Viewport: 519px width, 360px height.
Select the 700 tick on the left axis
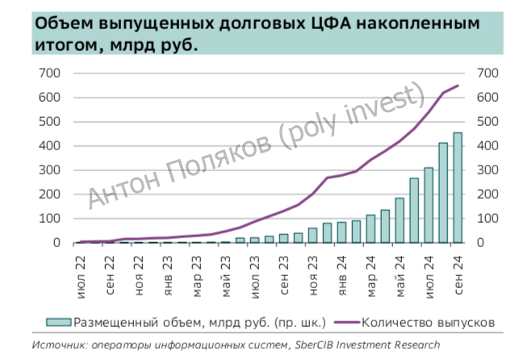click(50, 73)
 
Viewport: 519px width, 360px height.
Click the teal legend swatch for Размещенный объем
click(58, 321)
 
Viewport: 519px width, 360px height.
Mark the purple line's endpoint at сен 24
click(458, 86)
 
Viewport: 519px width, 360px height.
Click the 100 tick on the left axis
click(50, 219)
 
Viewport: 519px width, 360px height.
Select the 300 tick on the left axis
click(50, 170)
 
